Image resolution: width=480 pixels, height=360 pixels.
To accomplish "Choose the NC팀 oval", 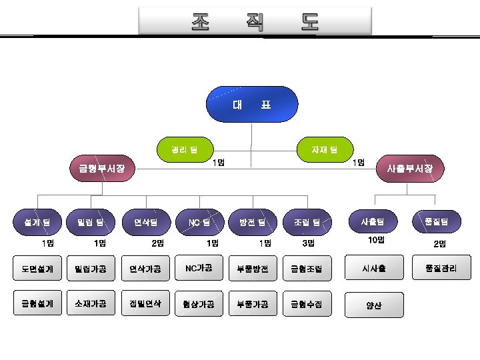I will [199, 221].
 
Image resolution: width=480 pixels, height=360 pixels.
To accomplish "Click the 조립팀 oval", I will [307, 221].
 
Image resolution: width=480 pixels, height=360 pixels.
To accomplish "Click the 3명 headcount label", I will [308, 243].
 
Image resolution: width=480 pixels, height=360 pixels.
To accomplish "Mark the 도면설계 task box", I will [37, 269].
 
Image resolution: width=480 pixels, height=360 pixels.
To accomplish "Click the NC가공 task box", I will [199, 267].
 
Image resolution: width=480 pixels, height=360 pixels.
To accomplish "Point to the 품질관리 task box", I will [441, 268].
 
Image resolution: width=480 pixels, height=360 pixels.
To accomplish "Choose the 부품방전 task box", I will [253, 269].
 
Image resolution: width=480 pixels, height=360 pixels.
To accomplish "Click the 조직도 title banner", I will [255, 22].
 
